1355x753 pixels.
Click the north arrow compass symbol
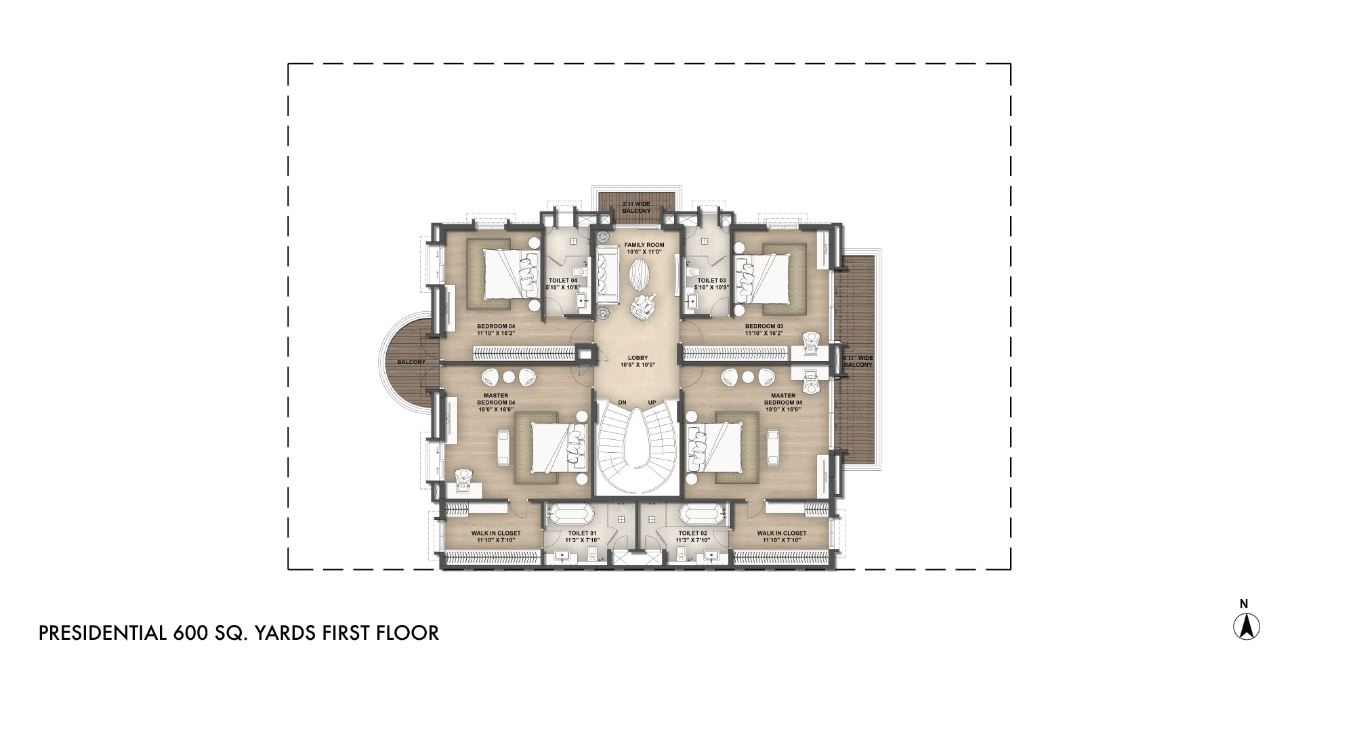click(x=1246, y=626)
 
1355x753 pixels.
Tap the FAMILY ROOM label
click(x=644, y=245)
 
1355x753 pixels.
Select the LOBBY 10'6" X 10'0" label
click(x=638, y=361)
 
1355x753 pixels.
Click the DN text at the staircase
click(x=622, y=403)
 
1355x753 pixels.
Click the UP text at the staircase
click(x=652, y=403)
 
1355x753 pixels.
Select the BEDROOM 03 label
click(x=764, y=326)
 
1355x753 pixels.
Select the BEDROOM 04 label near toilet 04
click(x=496, y=326)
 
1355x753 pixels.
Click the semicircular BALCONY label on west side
click(x=411, y=362)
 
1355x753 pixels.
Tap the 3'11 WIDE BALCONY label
click(x=636, y=207)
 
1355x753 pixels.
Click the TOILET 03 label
click(x=711, y=280)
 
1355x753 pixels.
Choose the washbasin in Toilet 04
click(x=581, y=300)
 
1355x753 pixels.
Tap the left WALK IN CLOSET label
click(x=496, y=533)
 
